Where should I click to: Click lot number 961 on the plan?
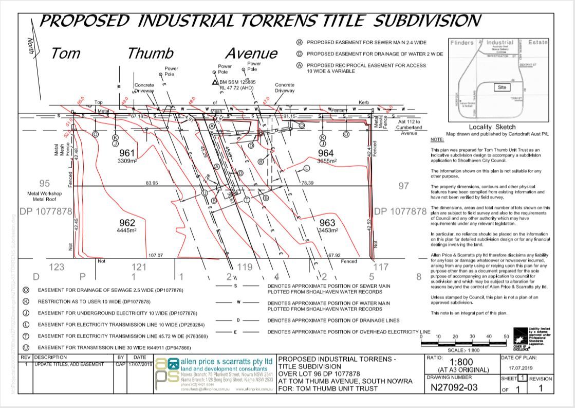point(127,153)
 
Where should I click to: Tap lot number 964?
point(326,153)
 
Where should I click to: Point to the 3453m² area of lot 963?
point(327,230)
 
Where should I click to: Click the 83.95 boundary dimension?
point(152,183)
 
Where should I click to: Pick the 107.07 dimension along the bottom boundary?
point(155,255)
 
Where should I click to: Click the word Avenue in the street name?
point(252,53)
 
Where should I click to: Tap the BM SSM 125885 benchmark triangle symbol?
point(215,82)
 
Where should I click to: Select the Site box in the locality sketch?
point(502,87)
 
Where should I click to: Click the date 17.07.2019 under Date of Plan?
point(522,368)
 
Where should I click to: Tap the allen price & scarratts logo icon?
point(167,375)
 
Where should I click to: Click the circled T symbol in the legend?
point(26,336)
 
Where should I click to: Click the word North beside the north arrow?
point(31,46)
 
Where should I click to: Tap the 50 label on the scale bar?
point(506,337)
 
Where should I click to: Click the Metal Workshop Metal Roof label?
point(44,197)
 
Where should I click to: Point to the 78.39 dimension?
point(308,183)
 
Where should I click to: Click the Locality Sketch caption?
point(492,127)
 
